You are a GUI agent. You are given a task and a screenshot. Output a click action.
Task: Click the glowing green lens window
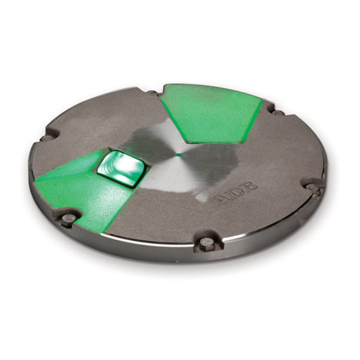tap(122, 169)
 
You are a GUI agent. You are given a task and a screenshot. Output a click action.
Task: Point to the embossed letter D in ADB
tap(238, 192)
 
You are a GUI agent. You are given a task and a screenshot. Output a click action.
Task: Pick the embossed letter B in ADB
tap(250, 186)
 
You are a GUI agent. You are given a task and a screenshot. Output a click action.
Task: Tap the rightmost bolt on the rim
tap(312, 187)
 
